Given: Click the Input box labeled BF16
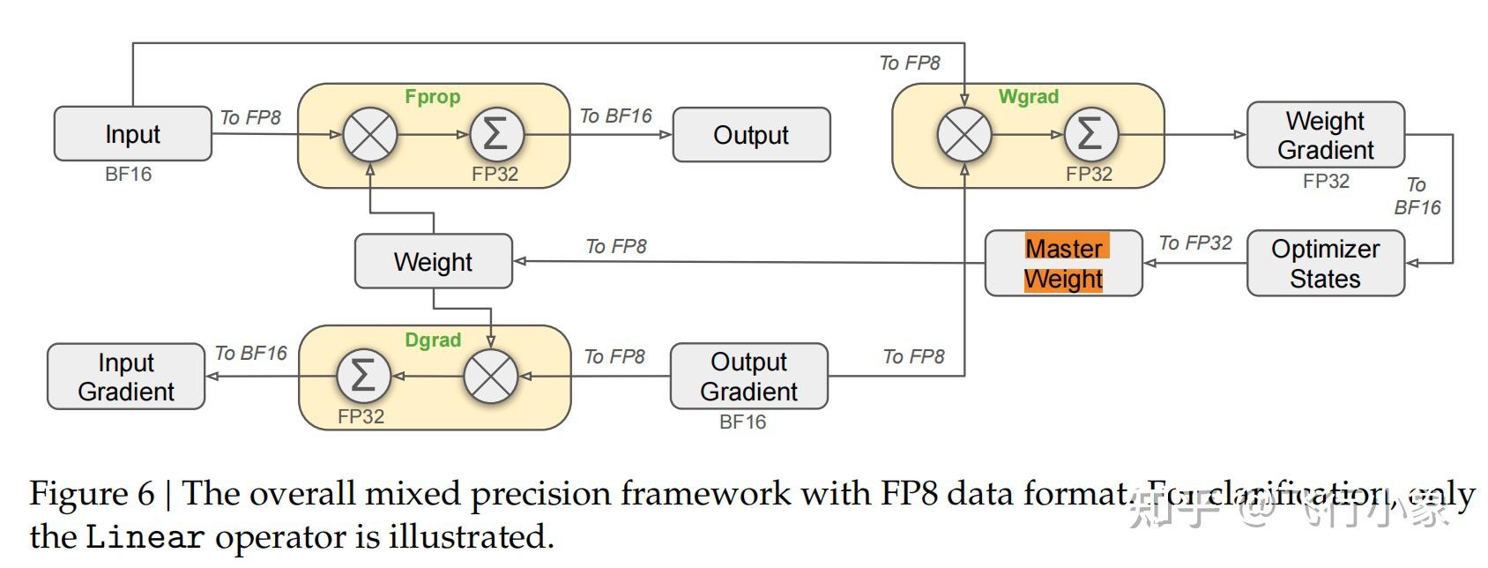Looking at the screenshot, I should (x=132, y=134).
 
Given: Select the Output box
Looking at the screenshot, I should (x=751, y=135).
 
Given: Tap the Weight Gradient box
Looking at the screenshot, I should (x=1325, y=135).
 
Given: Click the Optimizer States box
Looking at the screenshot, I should (x=1325, y=264).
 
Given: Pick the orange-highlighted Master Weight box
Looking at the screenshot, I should (x=1063, y=263).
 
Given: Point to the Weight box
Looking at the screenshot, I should (x=433, y=261).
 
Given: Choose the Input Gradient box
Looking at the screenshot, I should (x=126, y=377).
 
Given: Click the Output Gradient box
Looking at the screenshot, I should (x=748, y=377).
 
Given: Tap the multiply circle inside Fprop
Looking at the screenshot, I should (x=370, y=135).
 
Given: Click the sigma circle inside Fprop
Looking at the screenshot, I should (x=496, y=135).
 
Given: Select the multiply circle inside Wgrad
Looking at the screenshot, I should (x=964, y=135).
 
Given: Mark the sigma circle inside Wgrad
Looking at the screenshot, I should (x=1090, y=135).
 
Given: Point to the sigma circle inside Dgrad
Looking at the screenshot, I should (x=362, y=376).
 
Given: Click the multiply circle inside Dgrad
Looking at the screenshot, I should (x=490, y=376).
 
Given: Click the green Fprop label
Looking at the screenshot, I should (x=432, y=97).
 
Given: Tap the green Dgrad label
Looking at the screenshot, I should (x=432, y=340).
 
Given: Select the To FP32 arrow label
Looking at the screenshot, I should (x=1194, y=243).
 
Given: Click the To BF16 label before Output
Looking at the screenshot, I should (x=615, y=116).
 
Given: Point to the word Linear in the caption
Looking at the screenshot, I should (x=145, y=536).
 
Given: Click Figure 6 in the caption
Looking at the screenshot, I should (x=92, y=494).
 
